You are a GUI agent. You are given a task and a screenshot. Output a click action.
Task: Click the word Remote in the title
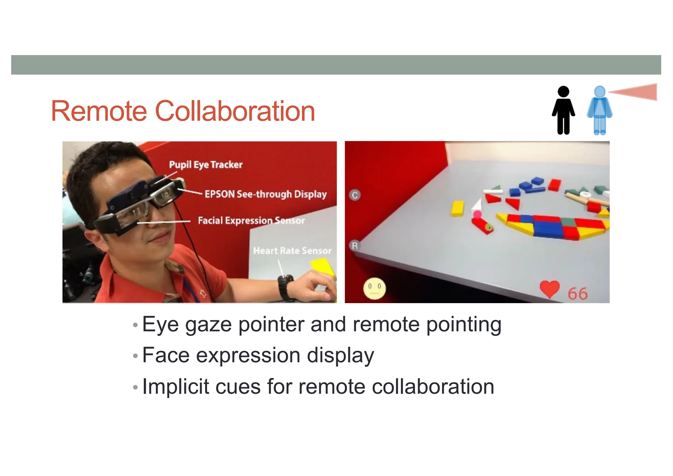pyautogui.click(x=99, y=111)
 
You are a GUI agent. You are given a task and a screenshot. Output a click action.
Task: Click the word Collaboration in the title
pyautogui.click(x=235, y=111)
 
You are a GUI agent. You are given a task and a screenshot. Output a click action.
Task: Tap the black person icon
pyautogui.click(x=563, y=110)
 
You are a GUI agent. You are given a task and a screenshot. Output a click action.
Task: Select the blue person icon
pyautogui.click(x=599, y=110)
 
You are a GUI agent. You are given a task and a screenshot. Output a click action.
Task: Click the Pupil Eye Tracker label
pyautogui.click(x=206, y=164)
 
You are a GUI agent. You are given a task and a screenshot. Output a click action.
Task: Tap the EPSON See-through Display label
pyautogui.click(x=266, y=194)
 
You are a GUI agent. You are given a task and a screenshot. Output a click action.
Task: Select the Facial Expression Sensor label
pyautogui.click(x=251, y=220)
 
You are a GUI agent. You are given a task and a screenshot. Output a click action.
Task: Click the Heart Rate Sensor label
pyautogui.click(x=292, y=251)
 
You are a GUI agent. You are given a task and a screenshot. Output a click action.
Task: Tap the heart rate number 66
pyautogui.click(x=577, y=294)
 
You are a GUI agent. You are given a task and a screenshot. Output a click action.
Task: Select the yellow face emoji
pyautogui.click(x=374, y=288)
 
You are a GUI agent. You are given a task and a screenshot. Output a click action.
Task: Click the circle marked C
pyautogui.click(x=355, y=195)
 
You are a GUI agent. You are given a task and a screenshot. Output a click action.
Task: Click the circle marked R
pyautogui.click(x=355, y=246)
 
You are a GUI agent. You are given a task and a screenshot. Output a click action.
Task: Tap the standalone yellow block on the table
pyautogui.click(x=457, y=208)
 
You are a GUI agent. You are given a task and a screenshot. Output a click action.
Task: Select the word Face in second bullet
pyautogui.click(x=166, y=355)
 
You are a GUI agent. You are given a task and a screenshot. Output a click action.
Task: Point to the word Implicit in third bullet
pyautogui.click(x=175, y=387)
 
